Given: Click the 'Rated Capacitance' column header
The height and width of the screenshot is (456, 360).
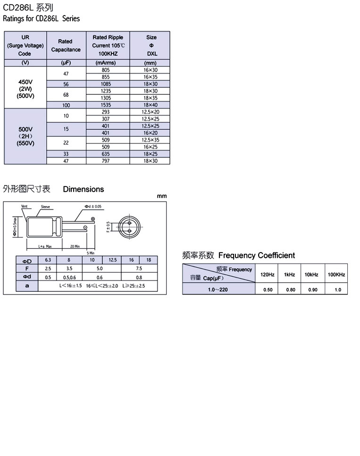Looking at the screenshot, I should [66, 45].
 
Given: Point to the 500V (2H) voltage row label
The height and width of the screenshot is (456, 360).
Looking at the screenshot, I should [25, 136].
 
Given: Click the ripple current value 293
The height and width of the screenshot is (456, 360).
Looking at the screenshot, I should [106, 112].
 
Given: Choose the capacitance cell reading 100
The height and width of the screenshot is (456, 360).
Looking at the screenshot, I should [66, 105].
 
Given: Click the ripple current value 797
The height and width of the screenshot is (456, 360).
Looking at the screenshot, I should [106, 161].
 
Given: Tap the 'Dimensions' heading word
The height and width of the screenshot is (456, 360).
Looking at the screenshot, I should [84, 189].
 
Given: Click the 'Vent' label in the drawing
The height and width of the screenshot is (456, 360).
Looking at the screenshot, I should [25, 207].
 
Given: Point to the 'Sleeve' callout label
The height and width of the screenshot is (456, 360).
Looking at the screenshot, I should [45, 207].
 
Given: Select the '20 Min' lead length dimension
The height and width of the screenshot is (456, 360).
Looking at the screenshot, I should [74, 246].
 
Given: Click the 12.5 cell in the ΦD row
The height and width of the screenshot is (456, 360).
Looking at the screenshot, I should [112, 261].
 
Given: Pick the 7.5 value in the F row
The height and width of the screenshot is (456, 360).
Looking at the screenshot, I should [139, 268].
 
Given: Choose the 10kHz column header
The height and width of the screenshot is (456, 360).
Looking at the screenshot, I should [311, 274].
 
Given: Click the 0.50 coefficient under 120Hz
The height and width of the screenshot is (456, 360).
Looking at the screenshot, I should [268, 289].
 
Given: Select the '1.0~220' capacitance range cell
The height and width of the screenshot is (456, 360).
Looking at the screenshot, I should [218, 289].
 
